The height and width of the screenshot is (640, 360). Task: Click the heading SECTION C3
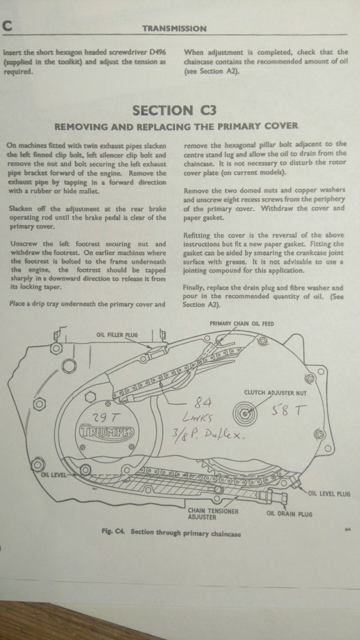coord(174,110)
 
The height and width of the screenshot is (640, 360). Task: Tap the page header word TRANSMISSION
coord(174,29)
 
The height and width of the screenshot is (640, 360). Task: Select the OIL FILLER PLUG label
coord(117,335)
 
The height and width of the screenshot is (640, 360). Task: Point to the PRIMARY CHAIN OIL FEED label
coord(242,324)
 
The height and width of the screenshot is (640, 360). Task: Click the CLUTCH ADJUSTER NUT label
coord(275,392)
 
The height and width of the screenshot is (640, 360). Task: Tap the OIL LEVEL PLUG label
coord(329,494)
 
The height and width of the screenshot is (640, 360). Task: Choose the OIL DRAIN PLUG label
coord(289,514)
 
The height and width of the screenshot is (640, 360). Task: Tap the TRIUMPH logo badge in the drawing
coord(106,431)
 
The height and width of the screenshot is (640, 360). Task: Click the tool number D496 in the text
coord(157,52)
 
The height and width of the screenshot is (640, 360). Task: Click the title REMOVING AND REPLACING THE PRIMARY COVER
coord(176,126)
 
